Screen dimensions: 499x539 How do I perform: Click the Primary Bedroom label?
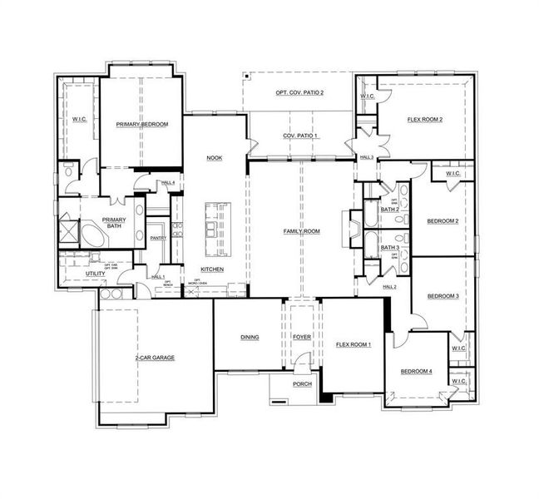tap(142, 124)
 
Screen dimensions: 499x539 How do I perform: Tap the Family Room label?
tap(301, 231)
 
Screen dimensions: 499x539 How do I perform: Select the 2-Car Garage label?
tap(155, 358)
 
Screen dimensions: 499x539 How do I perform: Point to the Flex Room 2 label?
tap(424, 120)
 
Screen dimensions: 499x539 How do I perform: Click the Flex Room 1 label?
tap(354, 343)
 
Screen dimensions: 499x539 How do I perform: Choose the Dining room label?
tap(250, 337)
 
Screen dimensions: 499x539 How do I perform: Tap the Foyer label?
tap(301, 337)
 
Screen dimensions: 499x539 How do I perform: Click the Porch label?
tap(301, 384)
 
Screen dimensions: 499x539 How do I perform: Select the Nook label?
tap(214, 157)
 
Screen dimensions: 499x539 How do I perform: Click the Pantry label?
tap(159, 239)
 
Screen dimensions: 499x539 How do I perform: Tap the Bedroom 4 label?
tap(416, 371)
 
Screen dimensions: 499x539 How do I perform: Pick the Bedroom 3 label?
tap(443, 296)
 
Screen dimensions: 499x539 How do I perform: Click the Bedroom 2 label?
tap(443, 221)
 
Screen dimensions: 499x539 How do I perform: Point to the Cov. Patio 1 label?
tap(299, 136)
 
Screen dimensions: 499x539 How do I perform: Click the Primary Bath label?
tap(114, 224)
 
